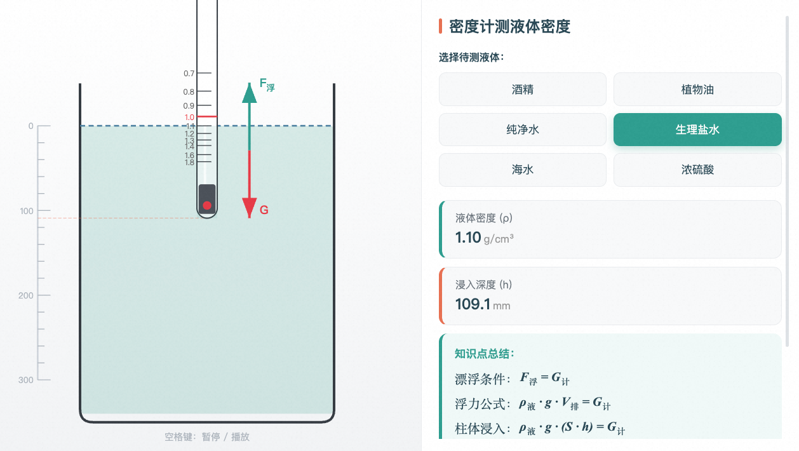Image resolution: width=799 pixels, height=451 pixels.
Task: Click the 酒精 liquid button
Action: coord(522,89)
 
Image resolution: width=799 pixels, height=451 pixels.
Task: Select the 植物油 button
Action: coord(697,89)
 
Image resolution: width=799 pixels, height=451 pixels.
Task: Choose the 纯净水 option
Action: coord(522,130)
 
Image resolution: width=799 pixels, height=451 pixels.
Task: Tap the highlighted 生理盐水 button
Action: coord(697,130)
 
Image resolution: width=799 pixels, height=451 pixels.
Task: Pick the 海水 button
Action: coord(522,170)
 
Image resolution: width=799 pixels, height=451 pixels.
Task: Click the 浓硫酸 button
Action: coord(697,170)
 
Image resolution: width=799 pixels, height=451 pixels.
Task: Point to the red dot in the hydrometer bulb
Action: coord(207,206)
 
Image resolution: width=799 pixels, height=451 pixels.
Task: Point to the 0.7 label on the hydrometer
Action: coord(189,74)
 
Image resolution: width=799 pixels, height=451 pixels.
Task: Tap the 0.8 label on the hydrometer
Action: coord(189,91)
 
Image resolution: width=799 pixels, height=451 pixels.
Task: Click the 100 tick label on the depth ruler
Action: coord(27,211)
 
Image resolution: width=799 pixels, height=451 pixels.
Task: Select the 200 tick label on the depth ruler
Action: coord(25,295)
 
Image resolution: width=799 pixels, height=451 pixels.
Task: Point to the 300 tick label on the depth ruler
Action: coord(25,380)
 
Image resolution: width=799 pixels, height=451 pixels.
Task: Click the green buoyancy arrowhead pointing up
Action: coord(250,93)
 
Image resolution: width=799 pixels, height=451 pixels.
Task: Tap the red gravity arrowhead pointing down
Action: coord(250,208)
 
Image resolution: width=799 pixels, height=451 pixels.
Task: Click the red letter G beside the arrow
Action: coord(264,210)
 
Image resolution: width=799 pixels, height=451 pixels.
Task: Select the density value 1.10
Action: coord(468,238)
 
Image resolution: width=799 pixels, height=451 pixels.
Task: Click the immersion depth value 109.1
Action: coord(473,304)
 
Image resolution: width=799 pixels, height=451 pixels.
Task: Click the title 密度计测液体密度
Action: coord(509,27)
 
